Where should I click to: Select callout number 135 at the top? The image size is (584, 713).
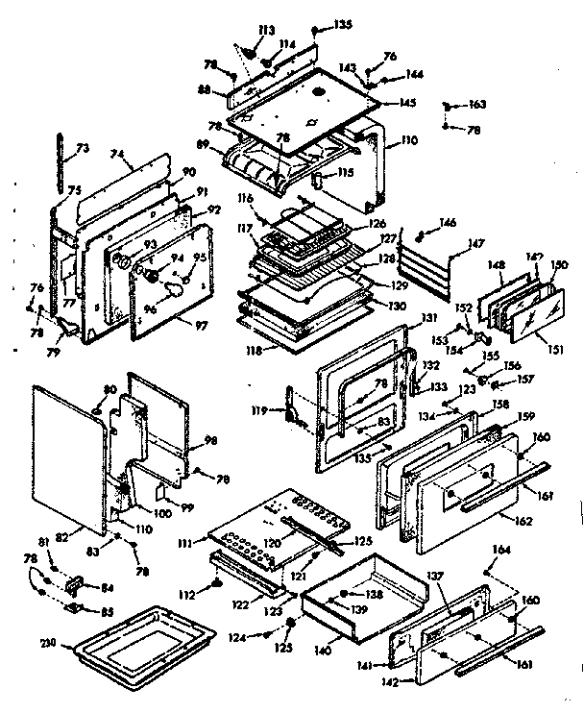[343, 24]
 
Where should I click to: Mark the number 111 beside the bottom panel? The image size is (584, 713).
[198, 546]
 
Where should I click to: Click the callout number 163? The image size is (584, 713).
[477, 104]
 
